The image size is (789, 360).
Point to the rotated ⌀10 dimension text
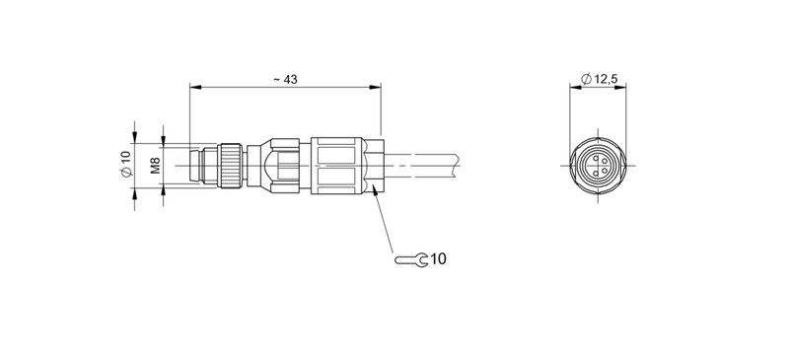125,164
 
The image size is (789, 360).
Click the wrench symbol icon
410,260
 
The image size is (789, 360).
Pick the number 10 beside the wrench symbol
438,260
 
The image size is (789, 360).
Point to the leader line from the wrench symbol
387,222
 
